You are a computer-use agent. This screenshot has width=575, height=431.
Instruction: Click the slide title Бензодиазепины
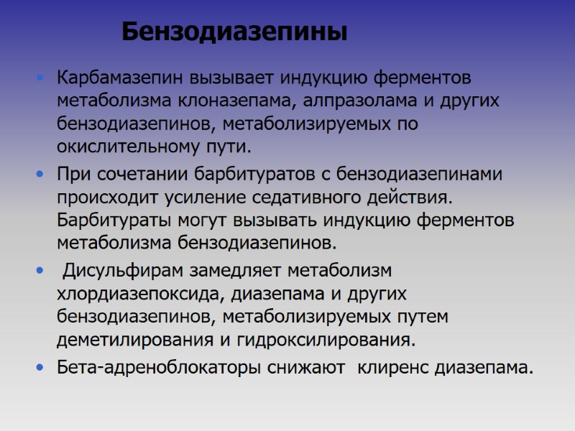pyautogui.click(x=234, y=32)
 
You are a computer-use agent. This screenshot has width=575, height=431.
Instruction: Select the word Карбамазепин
pyautogui.click(x=121, y=77)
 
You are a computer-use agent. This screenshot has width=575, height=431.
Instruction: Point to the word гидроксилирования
pyautogui.click(x=337, y=339)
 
